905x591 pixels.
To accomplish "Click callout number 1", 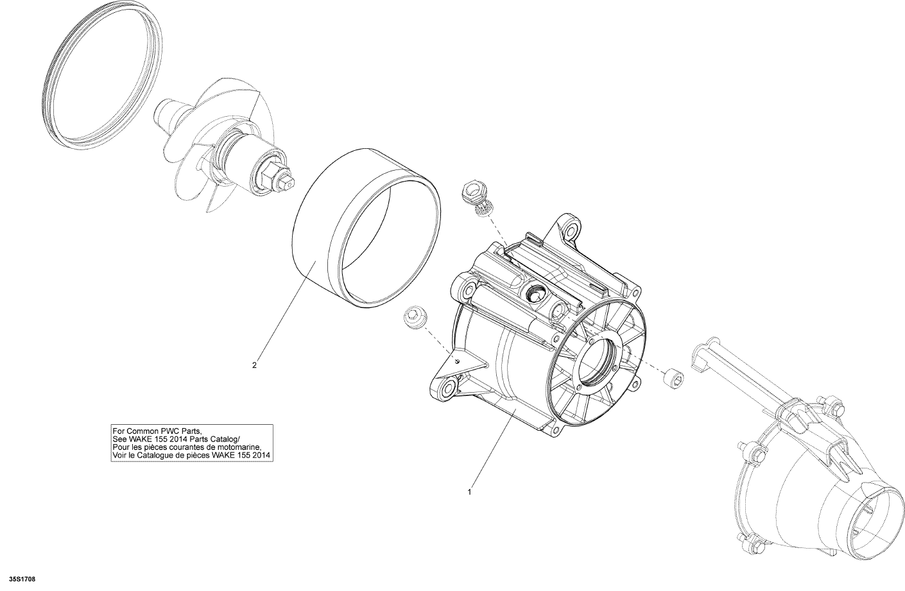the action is point(469,492).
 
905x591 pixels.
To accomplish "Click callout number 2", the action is point(254,365).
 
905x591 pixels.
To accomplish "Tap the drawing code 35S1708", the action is point(24,579).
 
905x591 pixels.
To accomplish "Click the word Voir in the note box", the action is point(119,456).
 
